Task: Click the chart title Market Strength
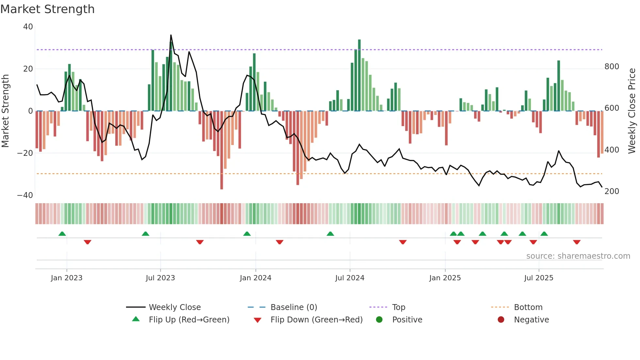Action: point(47,9)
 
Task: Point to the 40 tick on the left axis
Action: point(28,27)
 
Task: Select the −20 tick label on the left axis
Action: point(25,153)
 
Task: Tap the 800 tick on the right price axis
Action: point(612,67)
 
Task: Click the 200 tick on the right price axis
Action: point(612,191)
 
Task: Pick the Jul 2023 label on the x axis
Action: point(160,278)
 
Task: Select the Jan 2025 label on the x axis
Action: point(445,278)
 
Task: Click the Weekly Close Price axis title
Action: point(632,111)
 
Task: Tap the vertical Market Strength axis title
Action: point(5,111)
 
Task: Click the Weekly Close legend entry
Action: point(175,307)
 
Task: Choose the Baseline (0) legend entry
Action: point(294,307)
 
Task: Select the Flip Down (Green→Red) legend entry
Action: point(316,320)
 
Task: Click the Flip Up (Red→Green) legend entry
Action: point(189,320)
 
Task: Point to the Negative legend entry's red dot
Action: point(501,319)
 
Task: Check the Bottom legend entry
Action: point(528,307)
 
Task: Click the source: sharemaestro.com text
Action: point(578,256)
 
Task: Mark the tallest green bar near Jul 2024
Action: point(359,75)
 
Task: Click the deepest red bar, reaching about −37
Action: point(222,150)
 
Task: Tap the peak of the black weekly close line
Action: point(171,35)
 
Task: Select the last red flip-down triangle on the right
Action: point(577,242)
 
